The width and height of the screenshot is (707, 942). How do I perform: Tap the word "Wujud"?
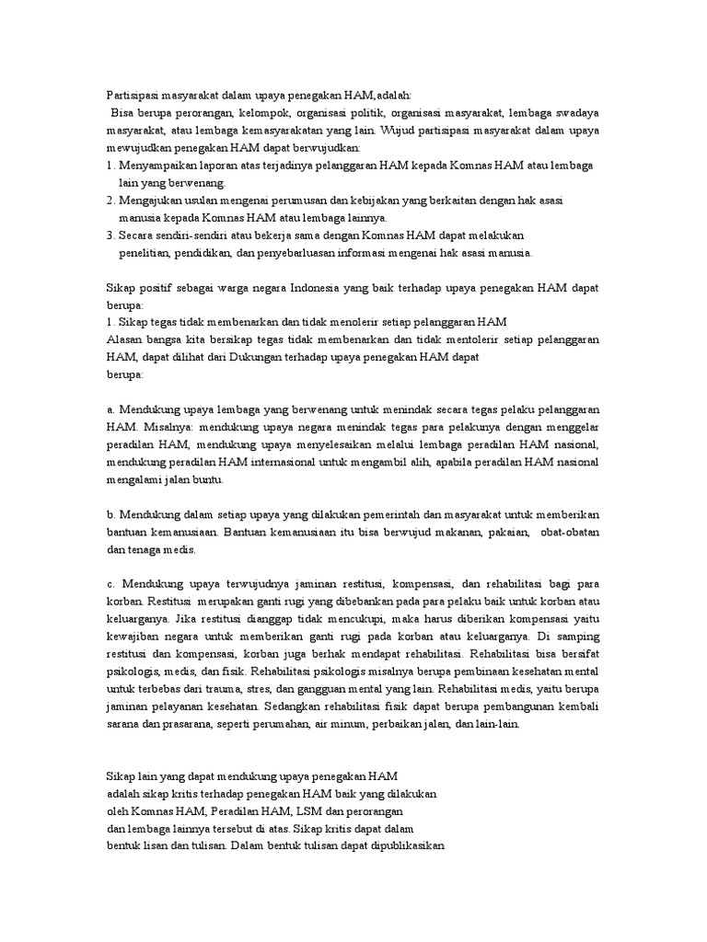(398, 130)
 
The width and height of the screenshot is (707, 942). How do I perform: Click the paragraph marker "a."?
(110, 409)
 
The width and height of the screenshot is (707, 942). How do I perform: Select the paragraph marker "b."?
(110, 514)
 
